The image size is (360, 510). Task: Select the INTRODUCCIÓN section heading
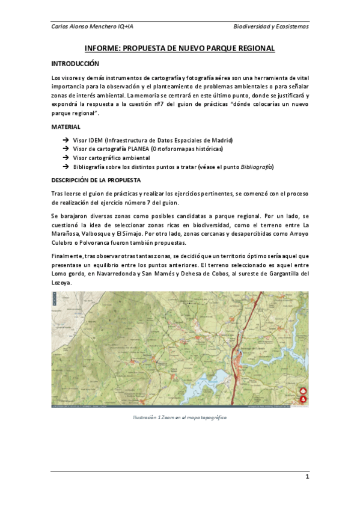[x=75, y=64]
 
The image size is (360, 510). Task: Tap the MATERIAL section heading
[x=66, y=127]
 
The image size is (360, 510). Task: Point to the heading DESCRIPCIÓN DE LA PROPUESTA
[x=96, y=180]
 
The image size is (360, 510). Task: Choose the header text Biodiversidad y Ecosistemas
[x=271, y=27]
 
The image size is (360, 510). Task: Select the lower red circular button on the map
[x=304, y=399]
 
